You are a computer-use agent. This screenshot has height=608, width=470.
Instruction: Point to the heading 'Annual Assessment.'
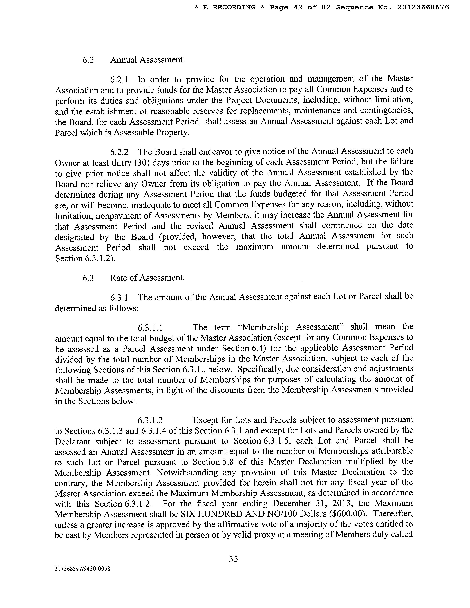coord(147,60)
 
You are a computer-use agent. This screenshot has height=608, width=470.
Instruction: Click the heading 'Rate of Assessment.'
coord(147,278)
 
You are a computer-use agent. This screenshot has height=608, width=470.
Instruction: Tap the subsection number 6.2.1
coord(119,80)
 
